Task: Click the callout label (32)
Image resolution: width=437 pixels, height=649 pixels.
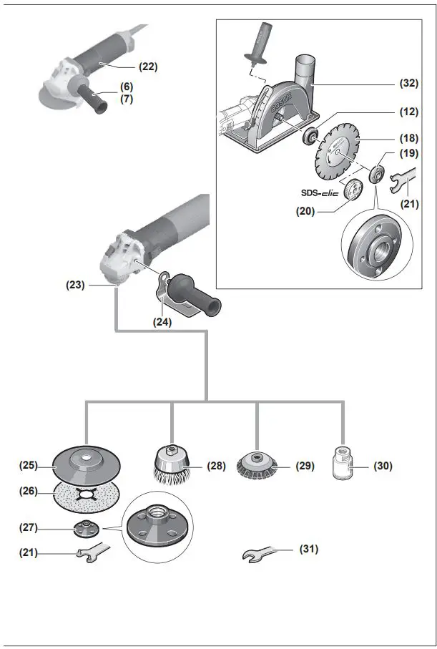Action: click(408, 84)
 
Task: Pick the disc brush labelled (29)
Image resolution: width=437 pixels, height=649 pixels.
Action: click(257, 466)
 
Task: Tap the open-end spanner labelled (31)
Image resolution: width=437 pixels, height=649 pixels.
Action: click(261, 555)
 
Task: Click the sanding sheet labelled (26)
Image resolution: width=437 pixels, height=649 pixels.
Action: click(86, 494)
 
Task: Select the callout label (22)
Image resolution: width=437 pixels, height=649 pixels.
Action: click(147, 67)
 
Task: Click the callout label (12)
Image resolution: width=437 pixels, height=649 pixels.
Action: click(408, 112)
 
